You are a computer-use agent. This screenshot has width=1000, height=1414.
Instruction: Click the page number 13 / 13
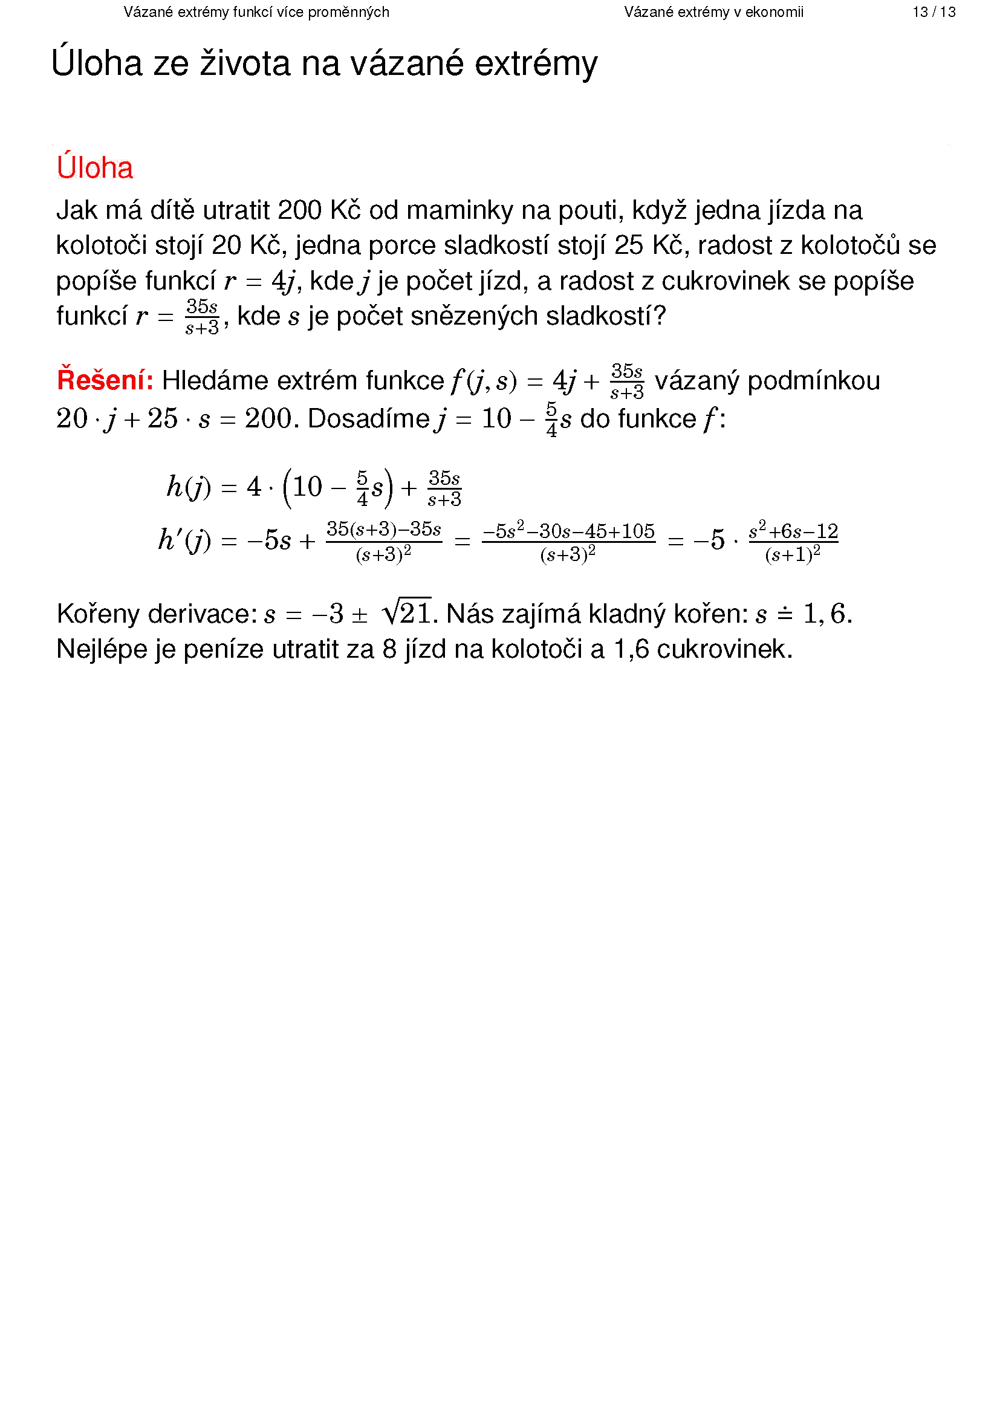(x=933, y=12)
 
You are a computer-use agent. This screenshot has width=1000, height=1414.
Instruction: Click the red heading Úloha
(x=95, y=168)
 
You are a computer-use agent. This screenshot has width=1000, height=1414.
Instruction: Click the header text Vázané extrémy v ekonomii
(x=713, y=12)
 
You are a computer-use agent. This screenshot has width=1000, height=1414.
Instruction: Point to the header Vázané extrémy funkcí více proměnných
(x=256, y=12)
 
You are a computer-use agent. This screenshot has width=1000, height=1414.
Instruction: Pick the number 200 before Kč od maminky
(x=299, y=210)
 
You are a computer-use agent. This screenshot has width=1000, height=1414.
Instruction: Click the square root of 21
(x=406, y=613)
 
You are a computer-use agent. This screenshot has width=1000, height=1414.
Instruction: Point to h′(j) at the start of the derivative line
(x=184, y=540)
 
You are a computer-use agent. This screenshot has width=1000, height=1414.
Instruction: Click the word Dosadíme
(x=368, y=420)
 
